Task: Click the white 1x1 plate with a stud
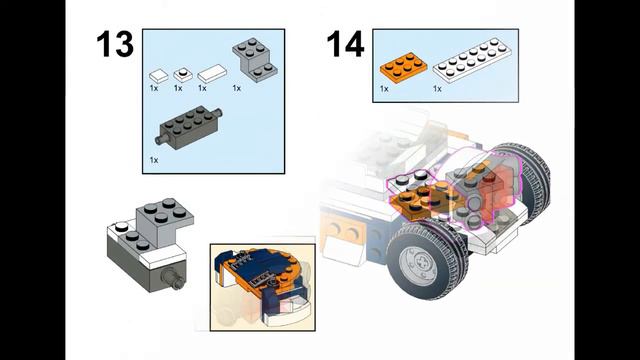182,74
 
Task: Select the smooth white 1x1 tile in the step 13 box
157,74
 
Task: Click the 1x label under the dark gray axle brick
154,159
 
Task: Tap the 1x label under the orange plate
384,89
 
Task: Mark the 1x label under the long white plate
437,89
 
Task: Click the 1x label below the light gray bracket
237,88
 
